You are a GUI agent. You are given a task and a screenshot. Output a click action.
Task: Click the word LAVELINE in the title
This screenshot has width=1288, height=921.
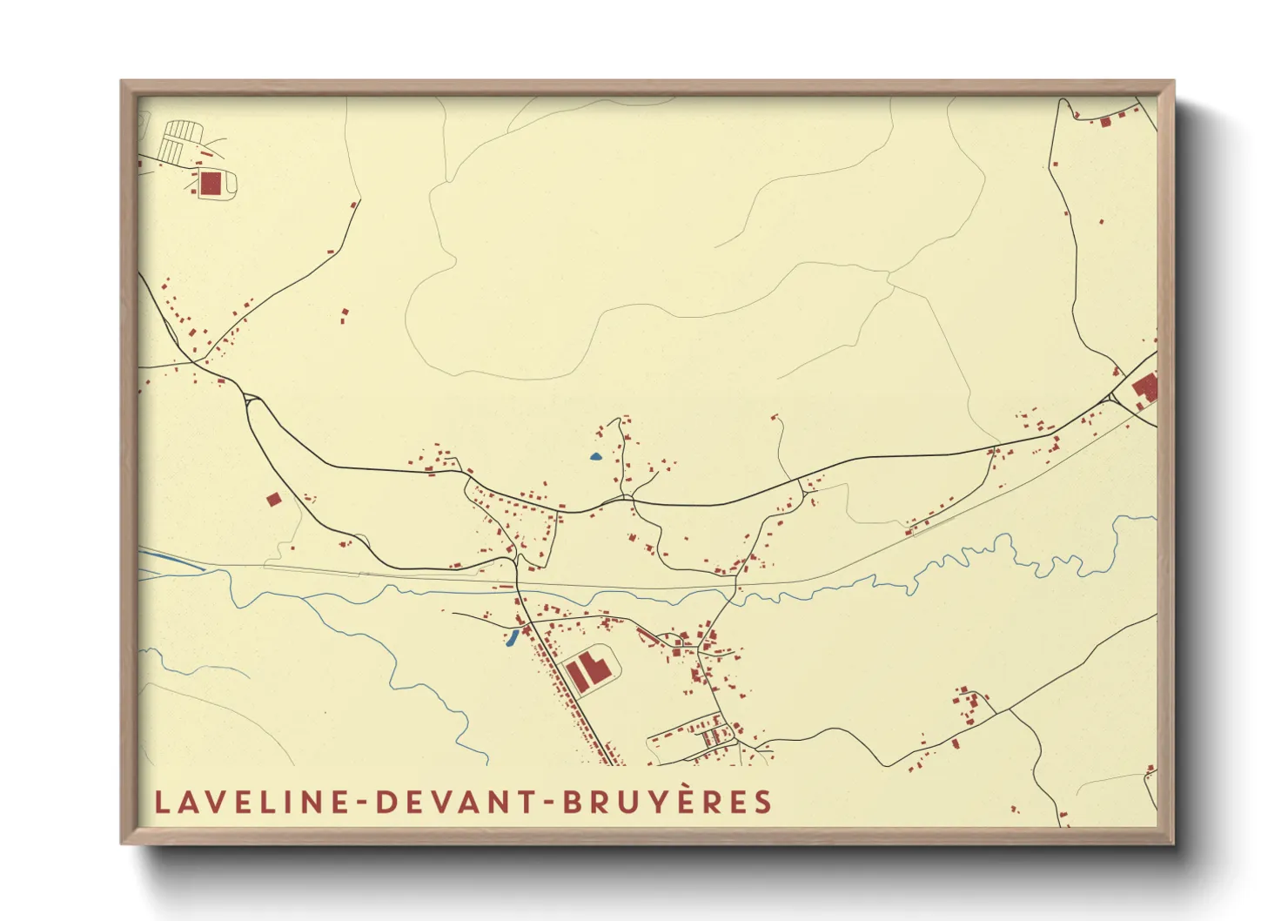[252, 802]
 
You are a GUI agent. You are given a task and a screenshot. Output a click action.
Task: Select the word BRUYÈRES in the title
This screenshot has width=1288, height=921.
[667, 802]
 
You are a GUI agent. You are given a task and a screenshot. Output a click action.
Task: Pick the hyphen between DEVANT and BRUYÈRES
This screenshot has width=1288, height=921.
[548, 803]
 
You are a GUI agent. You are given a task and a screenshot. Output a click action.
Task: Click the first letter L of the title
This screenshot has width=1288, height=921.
[161, 802]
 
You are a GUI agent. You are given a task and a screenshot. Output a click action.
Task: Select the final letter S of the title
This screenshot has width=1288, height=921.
[764, 802]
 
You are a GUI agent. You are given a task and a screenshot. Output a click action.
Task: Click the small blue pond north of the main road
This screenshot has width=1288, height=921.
[596, 456]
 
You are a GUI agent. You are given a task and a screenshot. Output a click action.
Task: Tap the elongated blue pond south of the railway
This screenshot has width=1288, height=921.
[513, 640]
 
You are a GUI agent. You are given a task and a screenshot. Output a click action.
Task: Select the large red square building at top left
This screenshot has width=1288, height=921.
[211, 183]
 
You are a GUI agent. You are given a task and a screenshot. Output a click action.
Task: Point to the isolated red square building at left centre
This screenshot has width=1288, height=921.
[273, 499]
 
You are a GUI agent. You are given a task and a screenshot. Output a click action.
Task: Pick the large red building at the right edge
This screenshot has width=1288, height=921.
[1146, 387]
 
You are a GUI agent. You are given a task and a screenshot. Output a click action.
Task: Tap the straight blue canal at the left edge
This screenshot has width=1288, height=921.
[171, 560]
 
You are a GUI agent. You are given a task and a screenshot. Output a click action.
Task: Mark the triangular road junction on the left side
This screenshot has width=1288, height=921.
[252, 400]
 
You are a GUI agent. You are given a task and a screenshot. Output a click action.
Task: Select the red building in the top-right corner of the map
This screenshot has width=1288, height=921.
[1105, 122]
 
